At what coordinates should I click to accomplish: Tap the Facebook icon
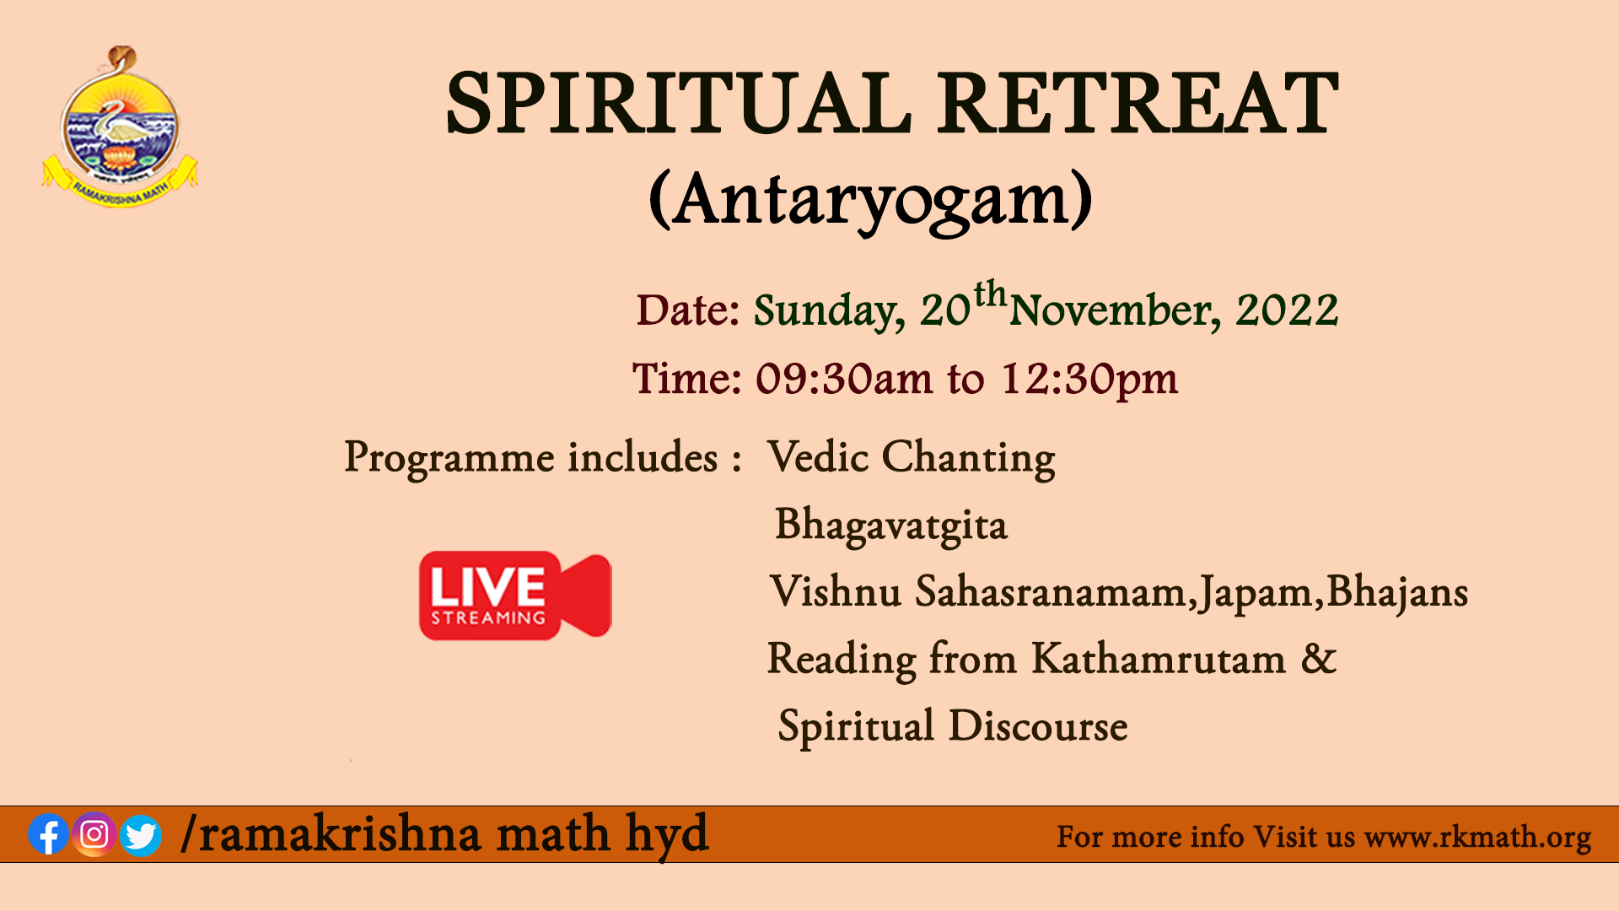[49, 834]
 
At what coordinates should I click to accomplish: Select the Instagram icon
[94, 834]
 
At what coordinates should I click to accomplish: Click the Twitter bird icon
[141, 835]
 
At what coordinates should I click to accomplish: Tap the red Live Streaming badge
[515, 596]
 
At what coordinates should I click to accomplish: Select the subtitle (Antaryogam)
[870, 200]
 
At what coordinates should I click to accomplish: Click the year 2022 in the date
[1287, 310]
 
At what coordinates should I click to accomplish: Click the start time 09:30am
[843, 379]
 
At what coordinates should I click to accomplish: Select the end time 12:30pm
[1089, 380]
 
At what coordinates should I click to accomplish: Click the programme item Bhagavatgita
[891, 525]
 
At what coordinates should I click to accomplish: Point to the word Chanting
[968, 458]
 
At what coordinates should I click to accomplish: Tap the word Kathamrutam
[1159, 659]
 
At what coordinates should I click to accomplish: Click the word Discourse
[1038, 726]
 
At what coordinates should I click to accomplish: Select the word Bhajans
[1397, 592]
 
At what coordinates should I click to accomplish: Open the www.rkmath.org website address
[1477, 838]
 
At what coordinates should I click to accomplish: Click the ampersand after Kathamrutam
[1319, 659]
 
